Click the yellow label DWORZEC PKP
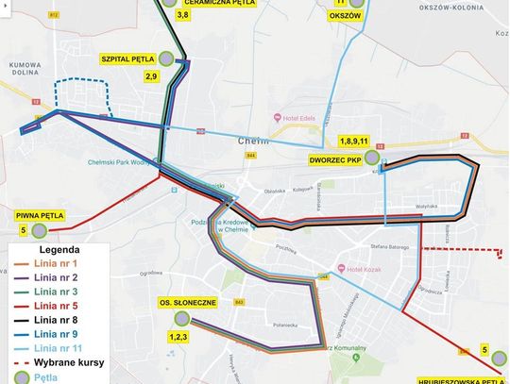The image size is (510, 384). coord(335,160)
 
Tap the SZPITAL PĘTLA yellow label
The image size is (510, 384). coord(127,58)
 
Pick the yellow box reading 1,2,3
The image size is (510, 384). coord(178,336)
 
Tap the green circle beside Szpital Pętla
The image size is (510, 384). coord(166,58)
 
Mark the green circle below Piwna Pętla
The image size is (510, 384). coord(39,229)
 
